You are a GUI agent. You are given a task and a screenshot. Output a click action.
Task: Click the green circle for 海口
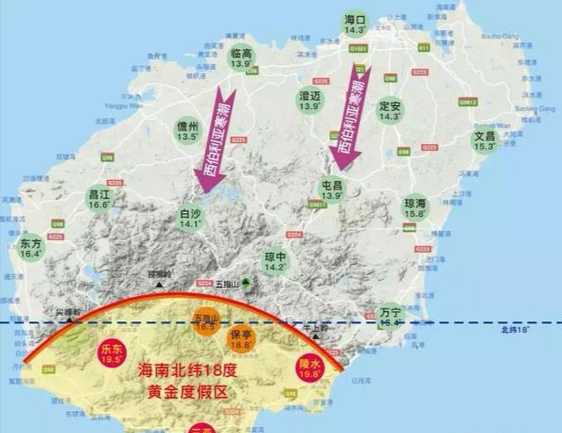click(355, 24)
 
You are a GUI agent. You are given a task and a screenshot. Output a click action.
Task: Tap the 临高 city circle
click(241, 59)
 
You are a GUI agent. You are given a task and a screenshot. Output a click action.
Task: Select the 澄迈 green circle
click(309, 99)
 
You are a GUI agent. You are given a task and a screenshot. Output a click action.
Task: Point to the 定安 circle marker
click(389, 110)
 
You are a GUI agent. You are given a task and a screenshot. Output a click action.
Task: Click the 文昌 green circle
click(485, 141)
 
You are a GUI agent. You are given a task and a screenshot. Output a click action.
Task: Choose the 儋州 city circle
click(187, 131)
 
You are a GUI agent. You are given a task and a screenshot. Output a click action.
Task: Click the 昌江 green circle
click(99, 198)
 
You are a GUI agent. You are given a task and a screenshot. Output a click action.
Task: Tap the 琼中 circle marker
click(276, 261)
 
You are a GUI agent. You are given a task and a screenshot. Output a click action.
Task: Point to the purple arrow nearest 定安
click(348, 119)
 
